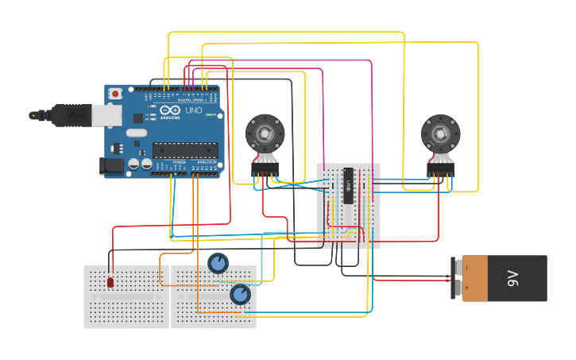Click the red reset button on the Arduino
pyautogui.click(x=116, y=94)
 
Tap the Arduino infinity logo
pyautogui.click(x=171, y=111)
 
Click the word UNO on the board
pyautogui.click(x=194, y=111)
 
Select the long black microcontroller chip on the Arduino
pyautogui.click(x=185, y=150)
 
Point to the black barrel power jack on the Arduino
pyautogui.click(x=111, y=165)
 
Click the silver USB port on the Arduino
pyautogui.click(x=108, y=115)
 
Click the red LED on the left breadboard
pyautogui.click(x=110, y=282)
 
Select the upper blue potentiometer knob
pyautogui.click(x=218, y=263)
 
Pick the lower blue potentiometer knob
pyautogui.click(x=240, y=295)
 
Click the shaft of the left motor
pyautogui.click(x=264, y=131)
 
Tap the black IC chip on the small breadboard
pyautogui.click(x=348, y=186)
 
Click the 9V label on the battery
pyautogui.click(x=513, y=278)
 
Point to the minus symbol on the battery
pyautogui.click(x=467, y=268)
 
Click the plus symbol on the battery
pyautogui.click(x=467, y=288)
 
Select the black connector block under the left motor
pyautogui.click(x=265, y=168)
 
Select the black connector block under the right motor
pyautogui.click(x=440, y=168)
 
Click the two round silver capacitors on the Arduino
pyautogui.click(x=140, y=164)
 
